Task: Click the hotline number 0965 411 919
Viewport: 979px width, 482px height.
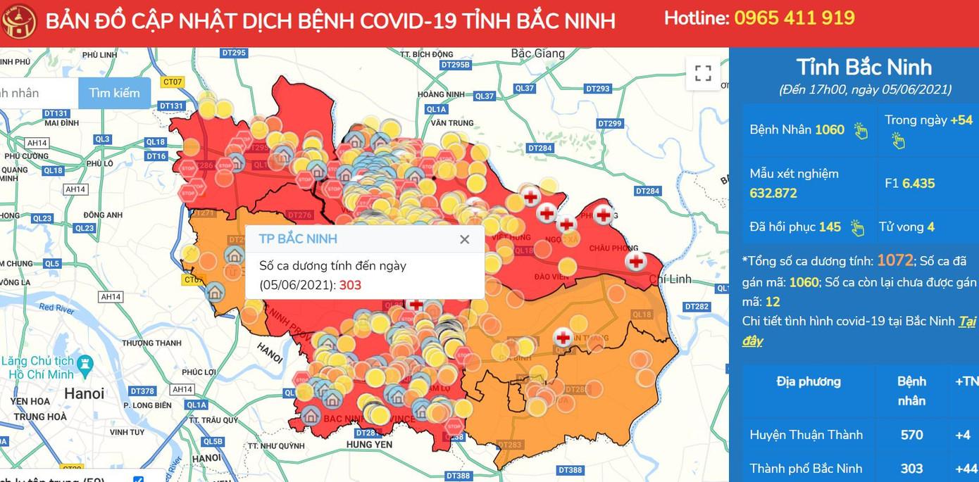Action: pyautogui.click(x=794, y=18)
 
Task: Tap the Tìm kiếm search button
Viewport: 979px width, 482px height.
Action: pyautogui.click(x=114, y=93)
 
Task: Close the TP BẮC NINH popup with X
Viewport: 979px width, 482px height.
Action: pyautogui.click(x=464, y=239)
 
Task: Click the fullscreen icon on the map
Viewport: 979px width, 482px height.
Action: pyautogui.click(x=703, y=73)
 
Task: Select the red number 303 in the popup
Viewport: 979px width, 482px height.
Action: pyautogui.click(x=350, y=285)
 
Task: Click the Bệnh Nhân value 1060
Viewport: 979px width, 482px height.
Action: pyautogui.click(x=829, y=129)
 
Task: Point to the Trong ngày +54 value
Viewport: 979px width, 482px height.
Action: pyautogui.click(x=961, y=120)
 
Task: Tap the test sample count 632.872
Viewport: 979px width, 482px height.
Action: pyautogui.click(x=773, y=194)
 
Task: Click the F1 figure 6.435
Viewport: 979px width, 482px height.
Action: pyautogui.click(x=918, y=184)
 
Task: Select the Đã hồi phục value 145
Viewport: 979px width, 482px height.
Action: pyautogui.click(x=830, y=227)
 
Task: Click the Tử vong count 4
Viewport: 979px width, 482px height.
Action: pyautogui.click(x=930, y=227)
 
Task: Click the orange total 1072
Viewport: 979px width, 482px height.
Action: pyautogui.click(x=894, y=260)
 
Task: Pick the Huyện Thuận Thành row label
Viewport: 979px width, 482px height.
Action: pyautogui.click(x=806, y=435)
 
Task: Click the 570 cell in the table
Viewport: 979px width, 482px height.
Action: pyautogui.click(x=911, y=435)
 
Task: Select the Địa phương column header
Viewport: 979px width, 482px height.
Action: pyautogui.click(x=809, y=382)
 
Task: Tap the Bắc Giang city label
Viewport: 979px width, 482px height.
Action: pyautogui.click(x=537, y=53)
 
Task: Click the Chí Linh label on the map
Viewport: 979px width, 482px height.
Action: pyautogui.click(x=670, y=279)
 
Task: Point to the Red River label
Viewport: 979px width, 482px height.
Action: pyautogui.click(x=56, y=307)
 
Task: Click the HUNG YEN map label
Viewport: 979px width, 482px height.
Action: pyautogui.click(x=369, y=445)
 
